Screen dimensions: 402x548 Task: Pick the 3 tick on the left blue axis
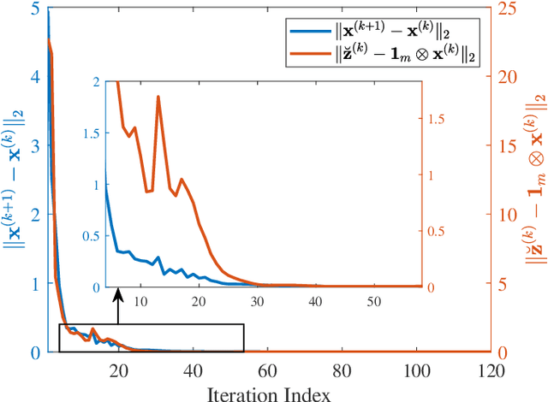[33, 146]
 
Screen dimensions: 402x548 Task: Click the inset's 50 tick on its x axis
[373, 301]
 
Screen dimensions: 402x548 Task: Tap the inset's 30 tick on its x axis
[258, 301]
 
